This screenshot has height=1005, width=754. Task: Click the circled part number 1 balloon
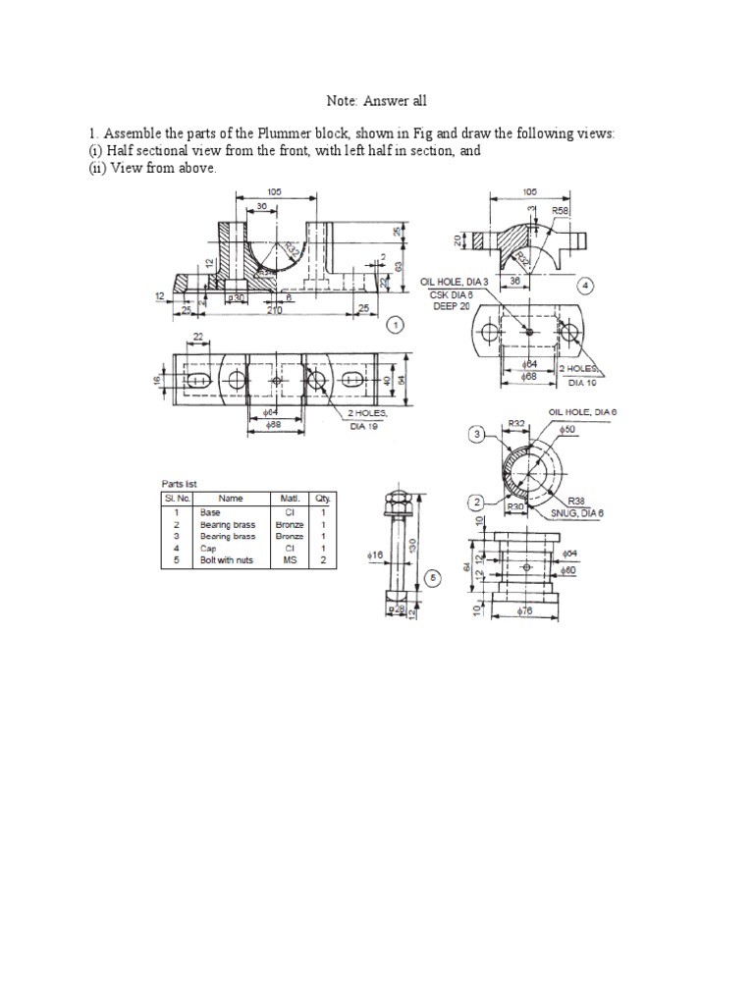(x=395, y=323)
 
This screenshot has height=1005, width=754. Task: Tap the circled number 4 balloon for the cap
(x=585, y=286)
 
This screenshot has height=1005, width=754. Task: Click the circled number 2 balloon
(x=475, y=502)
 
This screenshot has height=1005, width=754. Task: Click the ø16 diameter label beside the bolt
(x=373, y=555)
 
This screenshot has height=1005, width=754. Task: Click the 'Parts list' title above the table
(x=182, y=484)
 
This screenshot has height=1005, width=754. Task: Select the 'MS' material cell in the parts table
(x=291, y=560)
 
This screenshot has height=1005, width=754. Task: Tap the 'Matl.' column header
(x=291, y=499)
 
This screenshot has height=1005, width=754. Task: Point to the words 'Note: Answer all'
(x=377, y=101)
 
